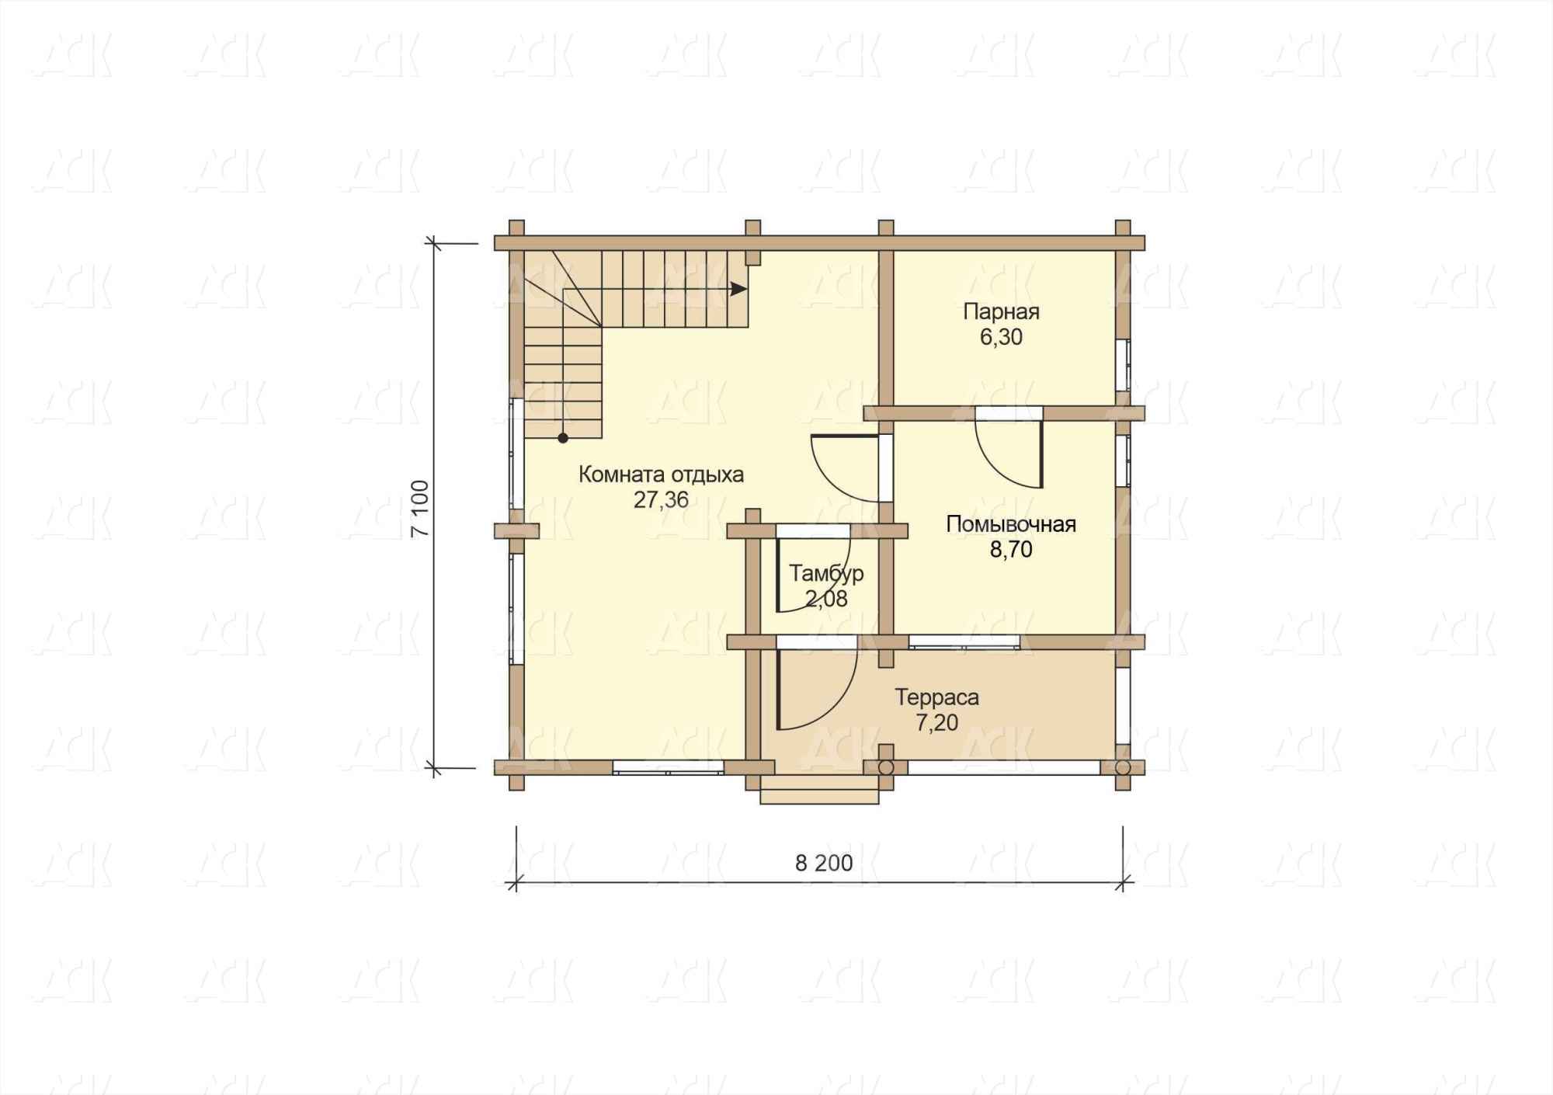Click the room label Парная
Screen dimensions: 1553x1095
pyautogui.click(x=1001, y=312)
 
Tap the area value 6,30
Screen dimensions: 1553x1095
pyautogui.click(x=1001, y=337)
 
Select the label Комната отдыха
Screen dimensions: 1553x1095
pyautogui.click(x=661, y=474)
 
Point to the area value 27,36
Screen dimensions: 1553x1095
pyautogui.click(x=661, y=500)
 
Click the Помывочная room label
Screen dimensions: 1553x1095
pyautogui.click(x=1011, y=524)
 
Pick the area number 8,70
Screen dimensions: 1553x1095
pyautogui.click(x=1011, y=550)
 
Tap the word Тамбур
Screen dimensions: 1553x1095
pyautogui.click(x=826, y=574)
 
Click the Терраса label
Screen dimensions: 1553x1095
pyautogui.click(x=937, y=697)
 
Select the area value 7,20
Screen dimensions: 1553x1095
pyautogui.click(x=937, y=723)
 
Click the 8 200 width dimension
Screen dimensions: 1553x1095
pyautogui.click(x=824, y=863)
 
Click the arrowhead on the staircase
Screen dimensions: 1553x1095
pyautogui.click(x=738, y=289)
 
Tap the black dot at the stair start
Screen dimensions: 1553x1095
pyautogui.click(x=563, y=438)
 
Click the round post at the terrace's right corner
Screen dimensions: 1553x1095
pyautogui.click(x=1122, y=767)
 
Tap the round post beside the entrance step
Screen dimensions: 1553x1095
pyautogui.click(x=886, y=767)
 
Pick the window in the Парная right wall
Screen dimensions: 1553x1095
pyautogui.click(x=1123, y=365)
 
